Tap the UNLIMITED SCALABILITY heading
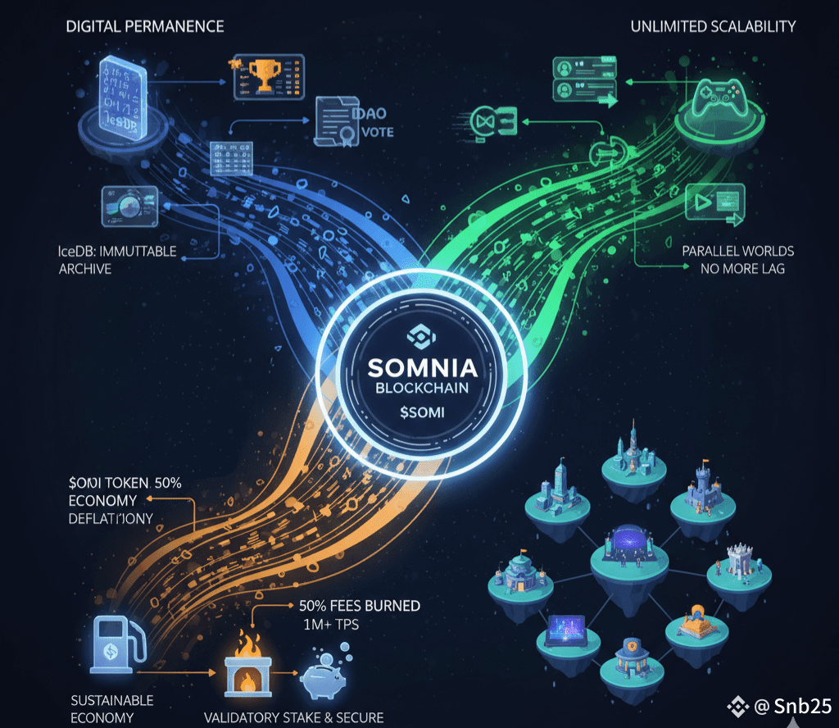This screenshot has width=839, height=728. tap(713, 26)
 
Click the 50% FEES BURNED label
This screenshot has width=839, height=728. tap(354, 606)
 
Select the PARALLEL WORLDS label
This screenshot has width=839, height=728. tap(737, 251)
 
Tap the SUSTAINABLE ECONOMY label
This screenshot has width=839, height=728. tap(112, 708)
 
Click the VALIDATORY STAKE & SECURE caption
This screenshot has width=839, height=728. tap(293, 717)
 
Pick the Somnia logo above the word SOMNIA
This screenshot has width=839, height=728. tap(419, 335)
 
